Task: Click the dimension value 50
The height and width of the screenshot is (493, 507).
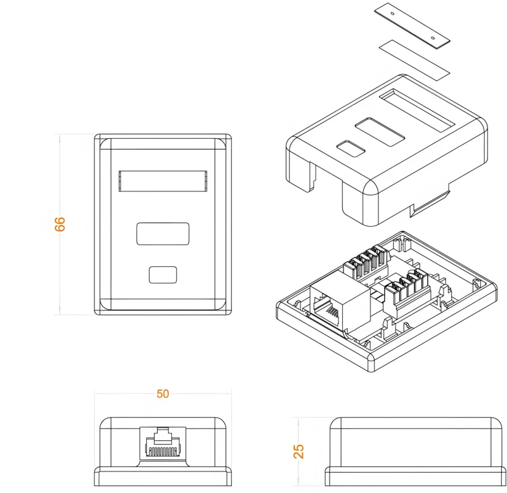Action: (163, 394)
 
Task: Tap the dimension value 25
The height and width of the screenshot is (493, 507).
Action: (299, 451)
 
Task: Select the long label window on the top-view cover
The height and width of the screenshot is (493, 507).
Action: (163, 181)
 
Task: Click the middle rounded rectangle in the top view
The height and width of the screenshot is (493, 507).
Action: (163, 233)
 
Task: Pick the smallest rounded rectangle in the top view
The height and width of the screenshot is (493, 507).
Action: (163, 274)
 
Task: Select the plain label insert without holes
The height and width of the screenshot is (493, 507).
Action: (414, 58)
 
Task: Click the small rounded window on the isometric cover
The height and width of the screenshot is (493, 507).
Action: (350, 148)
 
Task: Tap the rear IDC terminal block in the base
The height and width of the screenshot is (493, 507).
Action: (366, 262)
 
